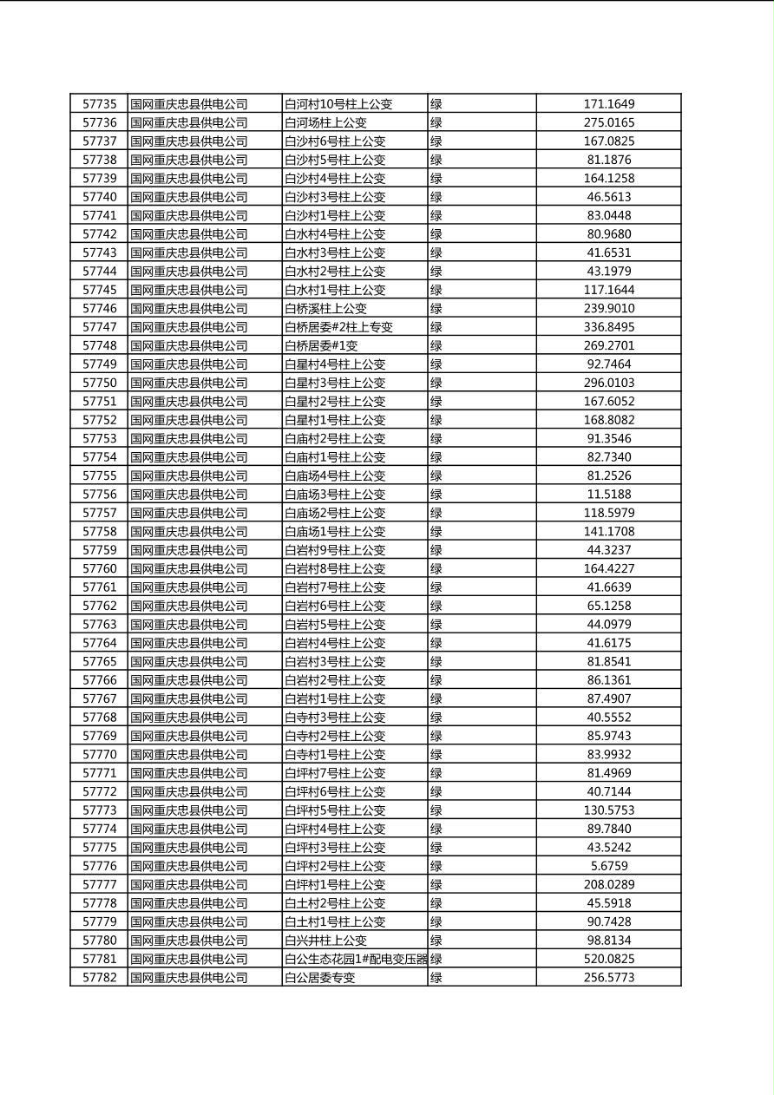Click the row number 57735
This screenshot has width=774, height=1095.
point(99,104)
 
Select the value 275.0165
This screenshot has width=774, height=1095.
point(608,123)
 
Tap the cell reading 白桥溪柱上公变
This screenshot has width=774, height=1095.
point(325,309)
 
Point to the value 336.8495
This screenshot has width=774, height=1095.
point(608,327)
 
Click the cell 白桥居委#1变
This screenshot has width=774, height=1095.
point(321,346)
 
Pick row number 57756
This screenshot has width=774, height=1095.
point(99,495)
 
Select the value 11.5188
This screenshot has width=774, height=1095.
point(608,495)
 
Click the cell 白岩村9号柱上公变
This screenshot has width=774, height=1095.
point(335,550)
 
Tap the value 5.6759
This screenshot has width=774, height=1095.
point(608,866)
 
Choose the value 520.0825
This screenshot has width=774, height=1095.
point(608,959)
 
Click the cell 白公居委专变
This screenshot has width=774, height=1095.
point(319,978)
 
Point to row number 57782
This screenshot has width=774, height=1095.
point(99,978)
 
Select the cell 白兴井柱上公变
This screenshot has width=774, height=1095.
point(325,941)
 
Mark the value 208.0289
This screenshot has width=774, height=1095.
point(608,885)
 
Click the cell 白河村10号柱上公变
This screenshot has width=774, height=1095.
point(338,104)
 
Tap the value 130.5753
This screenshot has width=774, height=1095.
point(608,810)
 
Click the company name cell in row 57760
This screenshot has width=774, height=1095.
point(189,569)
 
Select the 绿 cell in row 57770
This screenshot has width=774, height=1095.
point(436,755)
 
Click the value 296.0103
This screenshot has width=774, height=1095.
point(608,383)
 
